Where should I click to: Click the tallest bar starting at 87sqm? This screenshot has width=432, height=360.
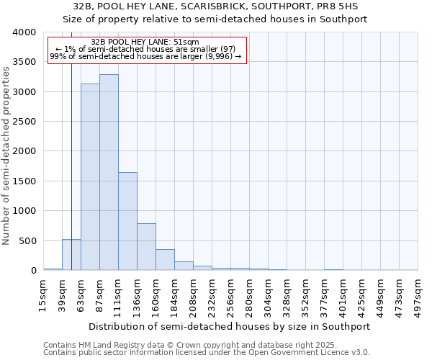click(x=109, y=172)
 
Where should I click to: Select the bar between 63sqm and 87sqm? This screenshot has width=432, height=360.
click(x=90, y=176)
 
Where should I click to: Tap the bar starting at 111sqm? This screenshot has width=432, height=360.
click(x=127, y=221)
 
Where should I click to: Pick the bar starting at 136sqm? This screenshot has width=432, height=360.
click(x=146, y=246)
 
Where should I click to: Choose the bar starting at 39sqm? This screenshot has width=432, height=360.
click(x=71, y=255)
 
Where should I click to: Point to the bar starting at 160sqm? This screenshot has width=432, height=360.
click(x=165, y=260)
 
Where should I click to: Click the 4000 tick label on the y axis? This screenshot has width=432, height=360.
click(x=24, y=32)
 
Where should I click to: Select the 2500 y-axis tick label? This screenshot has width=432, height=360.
click(x=24, y=122)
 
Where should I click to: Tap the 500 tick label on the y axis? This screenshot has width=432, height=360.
click(x=27, y=240)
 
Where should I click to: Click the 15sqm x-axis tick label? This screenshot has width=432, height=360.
click(x=43, y=295)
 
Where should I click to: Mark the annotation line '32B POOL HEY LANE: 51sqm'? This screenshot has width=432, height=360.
click(x=146, y=42)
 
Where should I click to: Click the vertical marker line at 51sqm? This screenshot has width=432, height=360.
click(x=71, y=144)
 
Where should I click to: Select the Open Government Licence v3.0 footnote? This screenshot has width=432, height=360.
click(x=207, y=353)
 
